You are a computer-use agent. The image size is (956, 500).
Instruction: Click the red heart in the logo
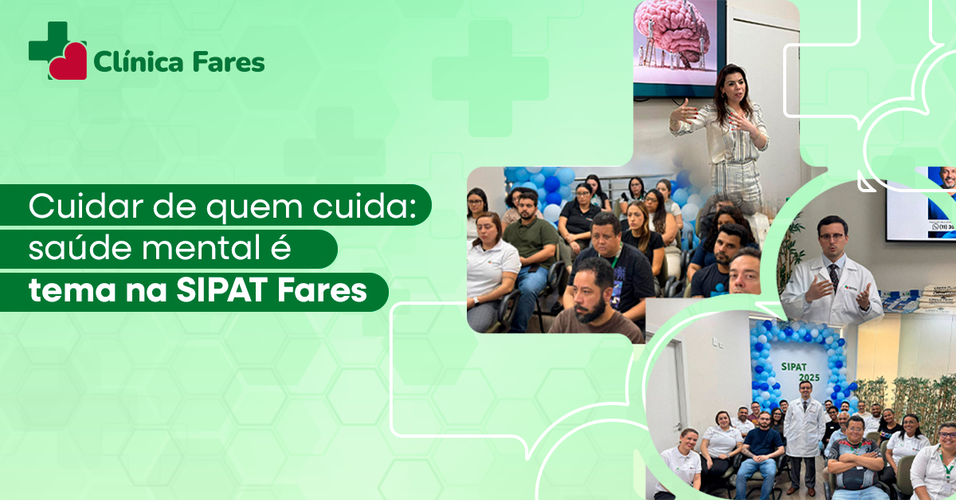coord(69,61)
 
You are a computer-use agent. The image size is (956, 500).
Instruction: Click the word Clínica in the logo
coord(139,62)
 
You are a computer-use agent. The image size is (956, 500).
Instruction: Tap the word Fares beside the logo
coord(229,62)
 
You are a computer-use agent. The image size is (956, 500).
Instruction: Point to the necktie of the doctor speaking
coord(833,277)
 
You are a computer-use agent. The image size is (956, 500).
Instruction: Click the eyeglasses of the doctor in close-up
coord(832,235)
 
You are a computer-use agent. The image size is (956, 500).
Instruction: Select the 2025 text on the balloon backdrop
coord(809,378)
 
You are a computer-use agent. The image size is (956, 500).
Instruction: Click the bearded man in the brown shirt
coord(595,299)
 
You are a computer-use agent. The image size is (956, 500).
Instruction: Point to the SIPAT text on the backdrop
coord(794,367)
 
